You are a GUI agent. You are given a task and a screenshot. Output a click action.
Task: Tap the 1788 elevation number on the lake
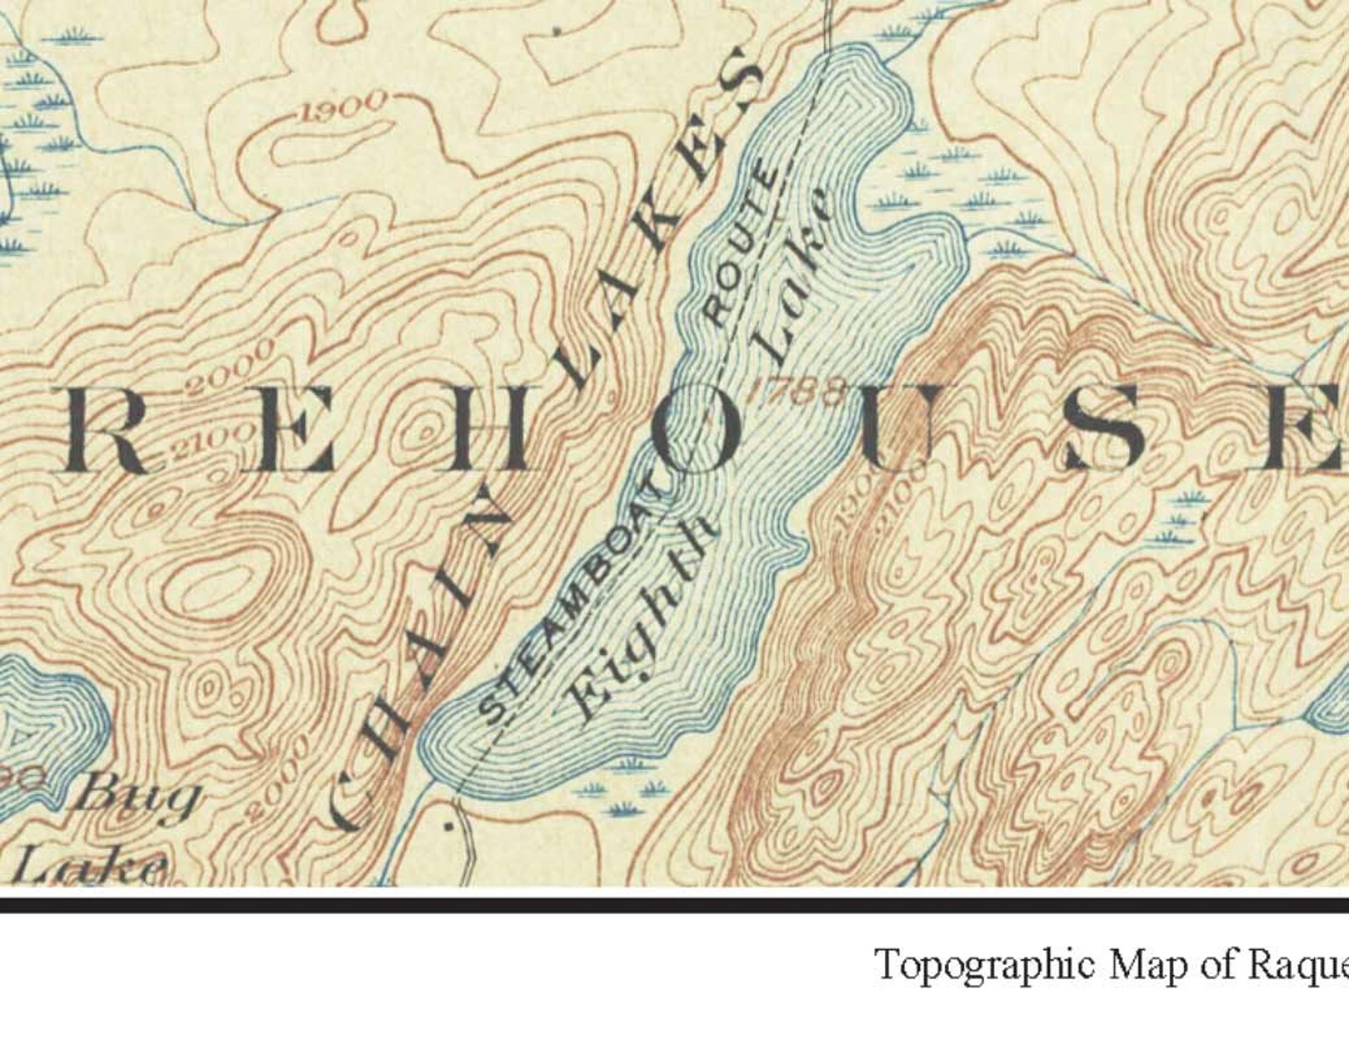tap(799, 390)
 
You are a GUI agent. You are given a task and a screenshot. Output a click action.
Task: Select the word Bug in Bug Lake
tap(139, 796)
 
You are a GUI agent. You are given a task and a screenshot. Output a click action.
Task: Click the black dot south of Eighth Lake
tap(449, 822)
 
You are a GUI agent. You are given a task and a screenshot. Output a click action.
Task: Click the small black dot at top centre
tap(557, 31)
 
